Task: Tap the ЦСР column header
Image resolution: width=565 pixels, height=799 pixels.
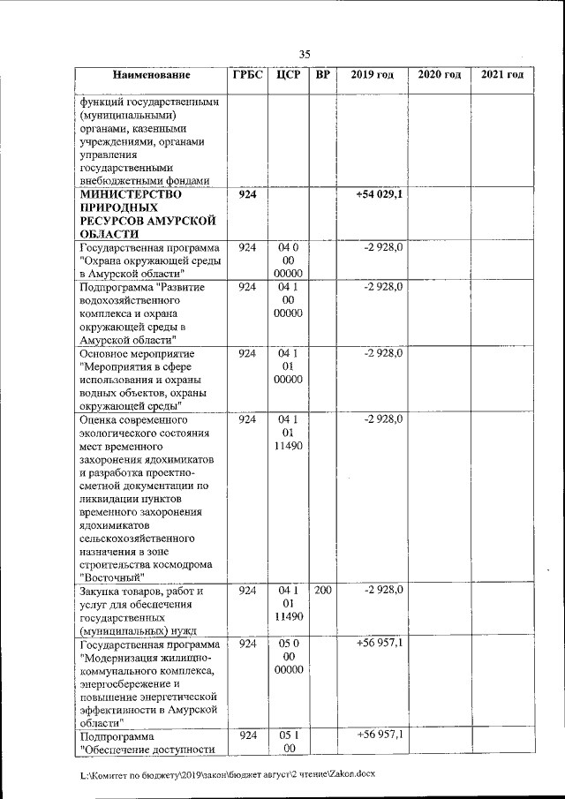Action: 288,75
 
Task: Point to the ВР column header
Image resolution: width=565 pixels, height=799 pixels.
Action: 323,75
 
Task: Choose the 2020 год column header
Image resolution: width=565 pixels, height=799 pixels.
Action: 439,75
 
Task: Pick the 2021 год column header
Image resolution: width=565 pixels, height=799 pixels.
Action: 502,75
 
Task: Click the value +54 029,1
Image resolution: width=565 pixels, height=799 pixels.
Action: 380,194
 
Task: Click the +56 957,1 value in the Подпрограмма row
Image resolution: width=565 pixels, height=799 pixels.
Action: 380,735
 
